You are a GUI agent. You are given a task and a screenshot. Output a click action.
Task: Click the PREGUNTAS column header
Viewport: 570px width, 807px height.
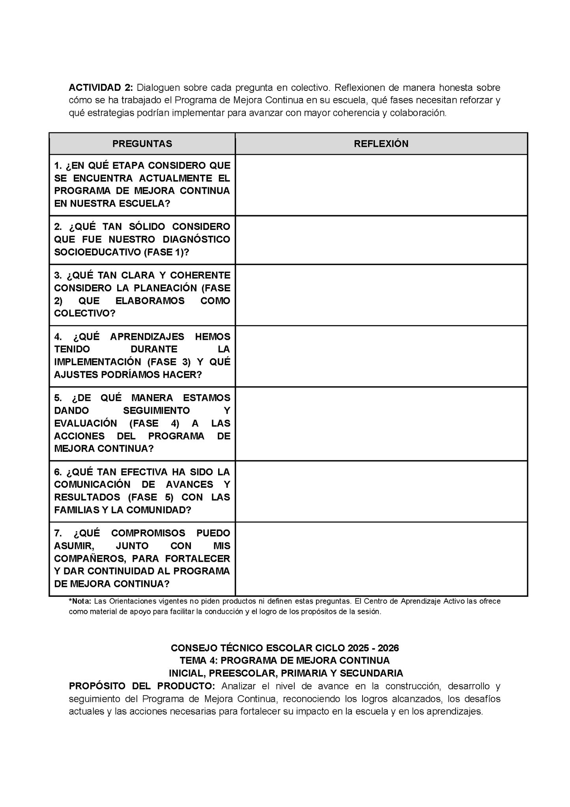pyautogui.click(x=142, y=144)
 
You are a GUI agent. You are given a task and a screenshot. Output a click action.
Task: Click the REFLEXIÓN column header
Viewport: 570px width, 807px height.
pyautogui.click(x=381, y=144)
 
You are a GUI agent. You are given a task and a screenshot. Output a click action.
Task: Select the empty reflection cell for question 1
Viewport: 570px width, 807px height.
pyautogui.click(x=381, y=185)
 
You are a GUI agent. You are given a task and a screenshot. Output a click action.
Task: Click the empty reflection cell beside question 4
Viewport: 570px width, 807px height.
pyautogui.click(x=381, y=356)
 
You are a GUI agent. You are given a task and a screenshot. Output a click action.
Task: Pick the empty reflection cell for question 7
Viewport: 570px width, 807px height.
pyautogui.click(x=381, y=559)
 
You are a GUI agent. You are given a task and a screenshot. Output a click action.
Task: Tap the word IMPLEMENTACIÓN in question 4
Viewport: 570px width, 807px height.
pyautogui.click(x=97, y=362)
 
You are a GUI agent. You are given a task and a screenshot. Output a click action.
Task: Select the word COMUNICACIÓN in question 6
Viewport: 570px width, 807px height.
pyautogui.click(x=92, y=484)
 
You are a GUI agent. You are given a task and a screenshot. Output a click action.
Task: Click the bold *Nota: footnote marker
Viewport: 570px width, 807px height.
pyautogui.click(x=80, y=601)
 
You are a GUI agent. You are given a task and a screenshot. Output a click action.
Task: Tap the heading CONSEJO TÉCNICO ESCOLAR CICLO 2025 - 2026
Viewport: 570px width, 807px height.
pyautogui.click(x=284, y=648)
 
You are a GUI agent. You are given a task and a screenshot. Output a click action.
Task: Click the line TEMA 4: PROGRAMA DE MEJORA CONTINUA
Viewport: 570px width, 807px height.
pyautogui.click(x=284, y=660)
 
